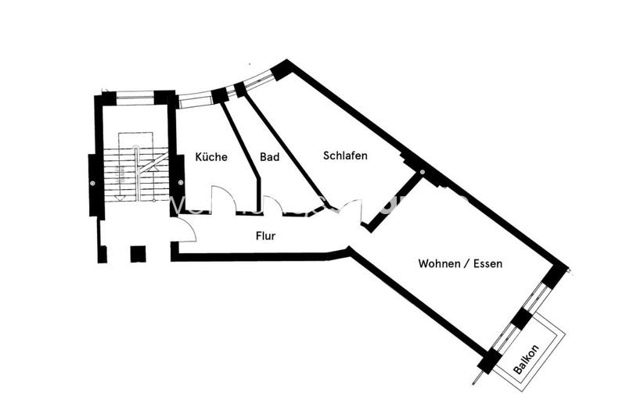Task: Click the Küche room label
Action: [211, 157]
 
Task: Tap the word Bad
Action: [270, 157]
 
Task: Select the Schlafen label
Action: [345, 155]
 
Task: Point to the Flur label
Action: [265, 234]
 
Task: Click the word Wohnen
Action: [438, 264]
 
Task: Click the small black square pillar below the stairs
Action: [138, 254]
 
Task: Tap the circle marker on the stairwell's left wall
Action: [92, 183]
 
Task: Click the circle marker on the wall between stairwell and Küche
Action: [181, 183]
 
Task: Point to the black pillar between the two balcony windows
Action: [520, 319]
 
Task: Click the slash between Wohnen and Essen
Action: [467, 264]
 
